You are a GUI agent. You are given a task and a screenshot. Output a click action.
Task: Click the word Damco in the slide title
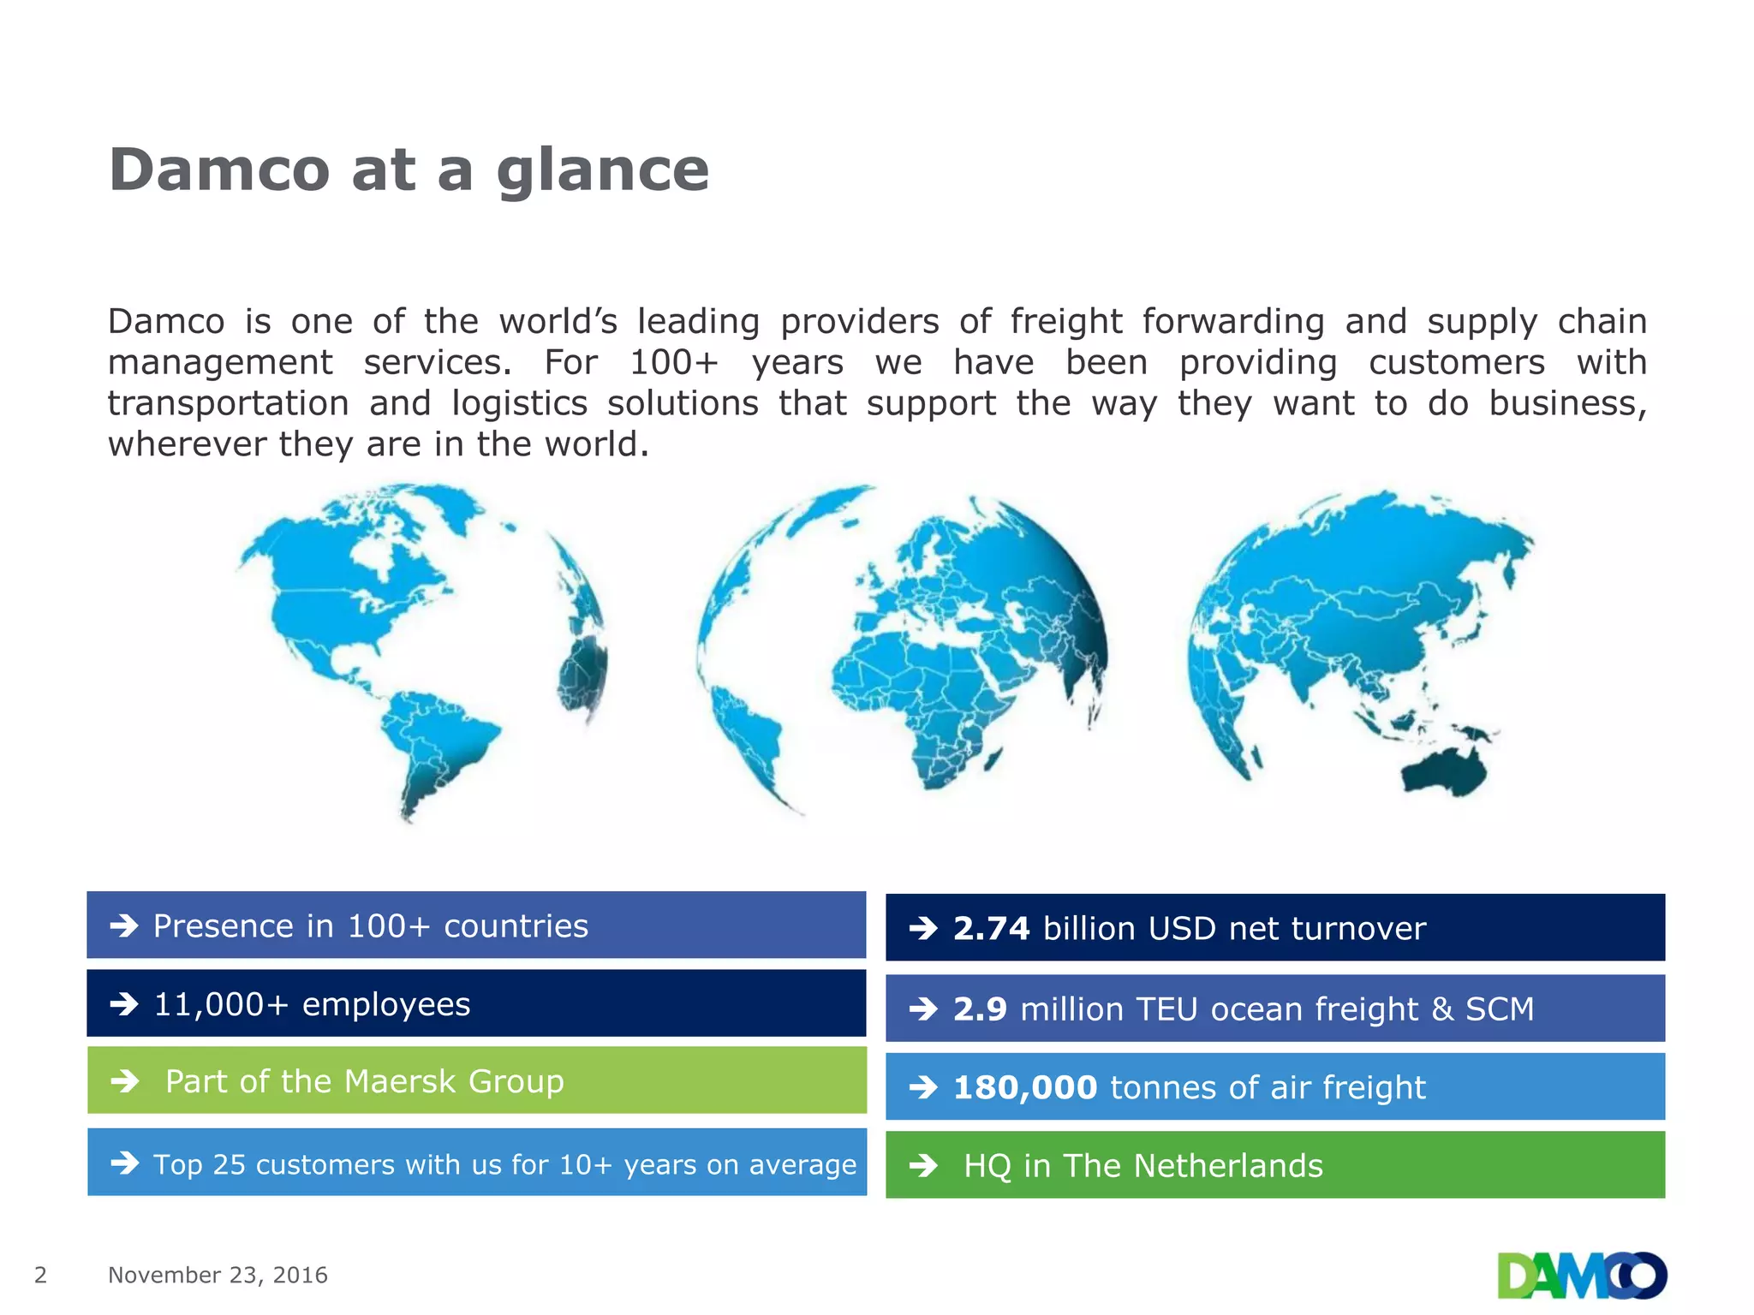click(x=219, y=170)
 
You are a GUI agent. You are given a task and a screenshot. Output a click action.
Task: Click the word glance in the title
click(x=602, y=171)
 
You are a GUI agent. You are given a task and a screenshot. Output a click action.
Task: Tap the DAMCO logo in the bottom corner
click(x=1581, y=1276)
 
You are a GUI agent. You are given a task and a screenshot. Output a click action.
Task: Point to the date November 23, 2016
click(x=218, y=1275)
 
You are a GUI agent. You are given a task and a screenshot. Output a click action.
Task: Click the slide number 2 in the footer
click(x=40, y=1275)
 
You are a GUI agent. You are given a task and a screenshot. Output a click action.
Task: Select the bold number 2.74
click(x=991, y=929)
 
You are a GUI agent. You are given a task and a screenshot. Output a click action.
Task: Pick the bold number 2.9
click(x=980, y=1009)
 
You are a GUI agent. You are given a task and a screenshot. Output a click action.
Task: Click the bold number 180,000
click(x=1024, y=1088)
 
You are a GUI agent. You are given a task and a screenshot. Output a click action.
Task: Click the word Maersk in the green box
click(x=399, y=1082)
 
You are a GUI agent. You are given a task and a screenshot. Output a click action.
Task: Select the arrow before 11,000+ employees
click(x=124, y=1004)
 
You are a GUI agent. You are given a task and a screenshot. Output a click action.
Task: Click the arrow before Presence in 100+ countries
click(x=124, y=925)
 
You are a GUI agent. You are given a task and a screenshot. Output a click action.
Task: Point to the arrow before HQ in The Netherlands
click(x=923, y=1166)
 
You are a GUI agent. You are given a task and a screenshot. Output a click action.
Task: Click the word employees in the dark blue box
click(x=385, y=1004)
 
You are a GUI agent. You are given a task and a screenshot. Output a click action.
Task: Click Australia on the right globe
click(x=1447, y=771)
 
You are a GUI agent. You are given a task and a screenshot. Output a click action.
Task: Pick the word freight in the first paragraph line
click(x=1065, y=322)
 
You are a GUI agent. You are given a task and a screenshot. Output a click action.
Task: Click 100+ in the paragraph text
click(x=673, y=363)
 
